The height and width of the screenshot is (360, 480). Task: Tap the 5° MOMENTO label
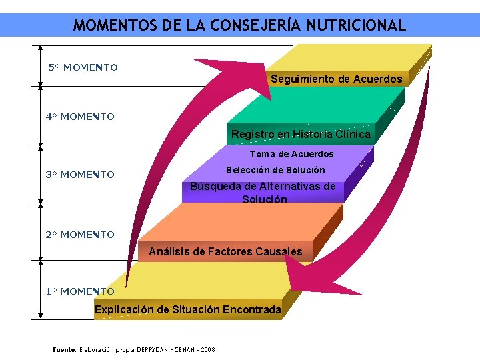click(83, 67)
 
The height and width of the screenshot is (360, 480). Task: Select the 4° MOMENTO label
click(80, 117)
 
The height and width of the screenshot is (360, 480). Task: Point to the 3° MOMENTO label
click(80, 175)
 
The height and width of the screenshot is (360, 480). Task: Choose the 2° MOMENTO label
click(80, 235)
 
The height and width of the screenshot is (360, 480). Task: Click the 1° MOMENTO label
click(80, 291)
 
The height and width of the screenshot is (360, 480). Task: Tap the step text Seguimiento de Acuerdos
click(336, 79)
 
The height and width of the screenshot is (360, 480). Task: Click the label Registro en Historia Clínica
click(301, 134)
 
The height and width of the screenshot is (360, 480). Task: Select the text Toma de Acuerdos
click(291, 154)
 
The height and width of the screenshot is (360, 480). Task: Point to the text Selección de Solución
click(275, 170)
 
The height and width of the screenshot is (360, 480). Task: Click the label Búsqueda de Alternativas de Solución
click(263, 192)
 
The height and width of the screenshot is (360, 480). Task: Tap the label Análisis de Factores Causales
click(225, 251)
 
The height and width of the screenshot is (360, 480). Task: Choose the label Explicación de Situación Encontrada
click(188, 309)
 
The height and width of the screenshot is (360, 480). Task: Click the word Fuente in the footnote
click(65, 349)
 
